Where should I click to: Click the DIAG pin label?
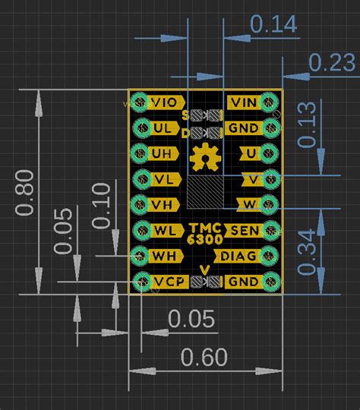tap(240, 256)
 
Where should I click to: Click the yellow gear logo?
tap(203, 157)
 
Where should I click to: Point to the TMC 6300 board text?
tap(205, 233)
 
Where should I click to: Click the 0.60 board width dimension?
tap(204, 356)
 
